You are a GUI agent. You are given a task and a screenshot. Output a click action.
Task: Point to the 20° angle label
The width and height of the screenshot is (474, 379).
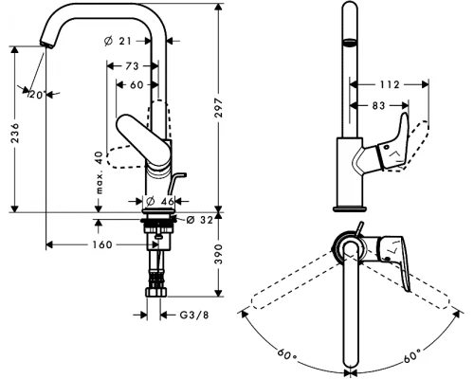[x=36, y=94]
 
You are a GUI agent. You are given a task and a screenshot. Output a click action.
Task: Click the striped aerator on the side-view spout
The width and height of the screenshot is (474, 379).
[x=348, y=44]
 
